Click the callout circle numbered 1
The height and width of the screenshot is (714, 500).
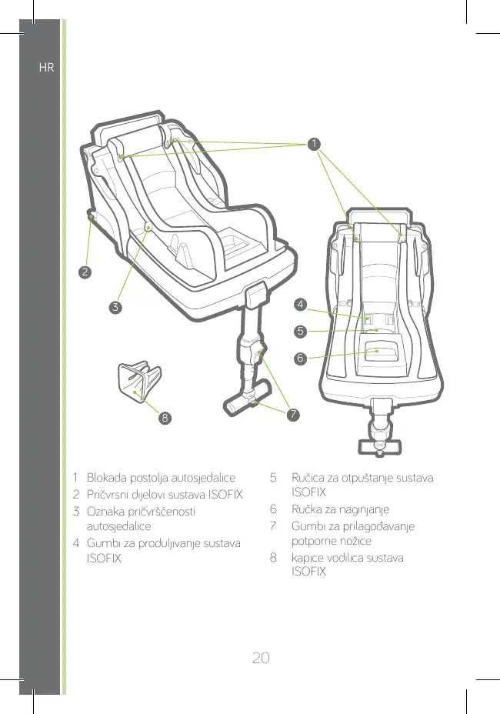click(x=312, y=143)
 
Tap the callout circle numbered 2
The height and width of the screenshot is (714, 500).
click(x=85, y=272)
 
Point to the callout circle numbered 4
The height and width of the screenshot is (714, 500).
click(x=301, y=306)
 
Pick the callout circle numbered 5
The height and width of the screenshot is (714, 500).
click(x=301, y=332)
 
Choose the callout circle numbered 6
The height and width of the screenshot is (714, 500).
click(x=301, y=359)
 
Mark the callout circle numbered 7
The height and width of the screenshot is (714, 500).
click(x=292, y=415)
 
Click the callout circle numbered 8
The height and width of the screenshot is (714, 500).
click(x=164, y=419)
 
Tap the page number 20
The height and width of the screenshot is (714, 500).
click(x=261, y=614)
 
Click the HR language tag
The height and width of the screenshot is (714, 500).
click(x=46, y=68)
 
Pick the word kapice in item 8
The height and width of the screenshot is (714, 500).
click(x=308, y=558)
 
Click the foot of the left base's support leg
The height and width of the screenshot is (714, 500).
click(x=245, y=405)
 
